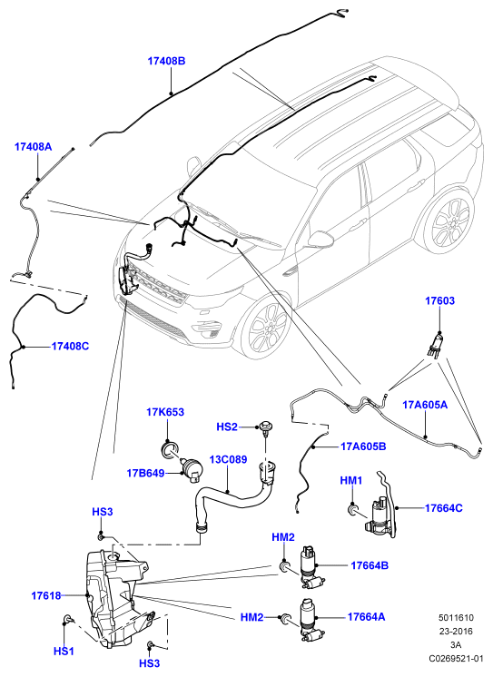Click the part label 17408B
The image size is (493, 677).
coord(166,61)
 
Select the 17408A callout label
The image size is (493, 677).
coord(34,147)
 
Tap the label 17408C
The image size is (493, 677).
coord(70,347)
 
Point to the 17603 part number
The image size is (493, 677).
coord(439,300)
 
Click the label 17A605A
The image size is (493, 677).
coord(425,405)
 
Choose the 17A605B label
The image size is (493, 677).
coord(363,446)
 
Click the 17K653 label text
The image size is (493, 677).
coord(165,412)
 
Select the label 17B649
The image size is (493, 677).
coord(145,473)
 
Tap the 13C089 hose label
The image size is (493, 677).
coord(228,459)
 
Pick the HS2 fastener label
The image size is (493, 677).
coord(227,427)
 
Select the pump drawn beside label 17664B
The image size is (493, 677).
coord(311,567)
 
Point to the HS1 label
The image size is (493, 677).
coord(64,652)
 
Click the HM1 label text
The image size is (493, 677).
coord(350,481)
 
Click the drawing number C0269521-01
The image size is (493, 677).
coord(456,659)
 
